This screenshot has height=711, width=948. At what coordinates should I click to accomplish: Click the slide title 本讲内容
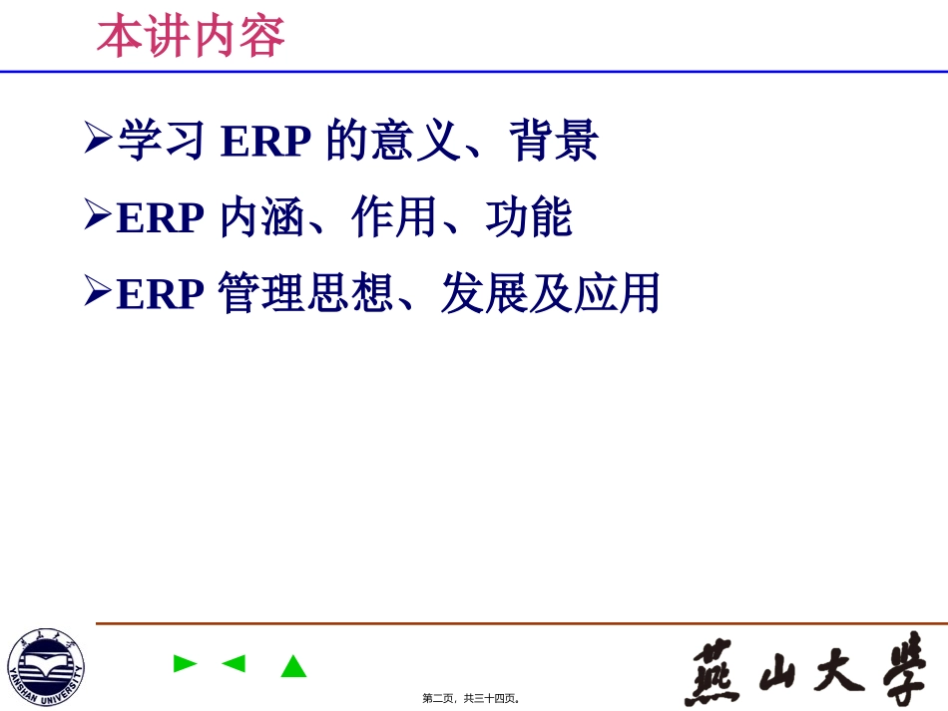click(x=191, y=37)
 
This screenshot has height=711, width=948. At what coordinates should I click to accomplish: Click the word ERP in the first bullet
click(x=266, y=142)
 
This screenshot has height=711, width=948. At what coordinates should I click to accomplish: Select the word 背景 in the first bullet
click(x=554, y=141)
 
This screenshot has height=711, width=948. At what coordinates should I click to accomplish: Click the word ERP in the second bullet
click(x=161, y=218)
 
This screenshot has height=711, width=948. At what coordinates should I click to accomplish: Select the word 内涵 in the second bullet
click(x=262, y=218)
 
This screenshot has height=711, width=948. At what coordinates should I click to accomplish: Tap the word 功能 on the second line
click(x=530, y=218)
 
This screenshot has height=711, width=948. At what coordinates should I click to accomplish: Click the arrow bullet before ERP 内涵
click(x=98, y=214)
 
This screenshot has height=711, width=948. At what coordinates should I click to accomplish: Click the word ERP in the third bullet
click(x=161, y=294)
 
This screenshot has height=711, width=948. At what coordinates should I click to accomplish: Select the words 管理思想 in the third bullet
click(x=305, y=294)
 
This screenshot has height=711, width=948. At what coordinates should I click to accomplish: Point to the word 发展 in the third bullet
click(x=484, y=294)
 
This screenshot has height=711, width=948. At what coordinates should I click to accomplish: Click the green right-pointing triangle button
click(x=185, y=663)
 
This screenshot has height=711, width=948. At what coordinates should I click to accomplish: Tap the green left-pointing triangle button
click(x=234, y=663)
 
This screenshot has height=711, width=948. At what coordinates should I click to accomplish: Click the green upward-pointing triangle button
click(x=293, y=666)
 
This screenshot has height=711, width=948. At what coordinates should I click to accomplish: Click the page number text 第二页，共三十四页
click(x=471, y=698)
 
